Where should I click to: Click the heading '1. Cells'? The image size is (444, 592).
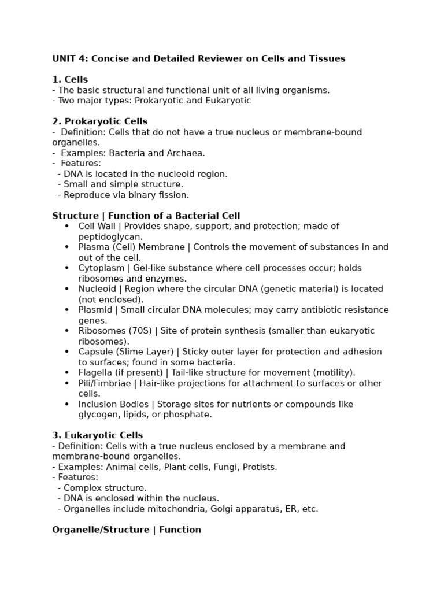[x=70, y=79]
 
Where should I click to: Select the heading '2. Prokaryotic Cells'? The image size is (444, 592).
[x=99, y=121]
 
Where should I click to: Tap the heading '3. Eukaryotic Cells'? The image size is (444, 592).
[x=97, y=435]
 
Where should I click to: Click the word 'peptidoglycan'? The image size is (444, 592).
[x=110, y=237]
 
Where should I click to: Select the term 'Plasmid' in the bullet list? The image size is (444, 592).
[x=95, y=310]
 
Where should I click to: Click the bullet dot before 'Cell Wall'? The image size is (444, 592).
[x=67, y=226]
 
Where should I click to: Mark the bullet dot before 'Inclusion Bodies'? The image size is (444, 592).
[x=67, y=404]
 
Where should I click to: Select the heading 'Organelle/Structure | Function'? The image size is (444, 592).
[x=127, y=530]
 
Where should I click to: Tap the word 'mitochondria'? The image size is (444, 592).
[x=161, y=509]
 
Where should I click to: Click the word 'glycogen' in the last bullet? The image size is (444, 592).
[x=97, y=415]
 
